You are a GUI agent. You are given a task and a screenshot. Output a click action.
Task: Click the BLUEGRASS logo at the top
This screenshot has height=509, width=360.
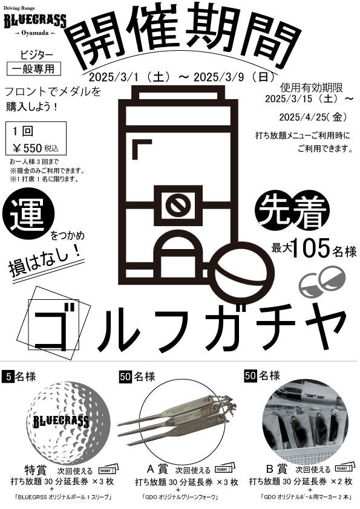click(35, 21)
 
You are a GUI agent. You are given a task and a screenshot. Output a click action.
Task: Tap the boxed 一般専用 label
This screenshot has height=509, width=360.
click(34, 69)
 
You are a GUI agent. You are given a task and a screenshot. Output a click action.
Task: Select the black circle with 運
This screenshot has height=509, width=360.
click(28, 214)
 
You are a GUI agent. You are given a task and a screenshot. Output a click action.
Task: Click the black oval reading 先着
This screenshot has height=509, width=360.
click(292, 211)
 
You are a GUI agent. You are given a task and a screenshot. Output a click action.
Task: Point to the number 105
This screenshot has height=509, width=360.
click(311, 248)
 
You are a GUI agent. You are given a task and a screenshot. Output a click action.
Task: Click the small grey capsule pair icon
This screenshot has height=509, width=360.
click(322, 281)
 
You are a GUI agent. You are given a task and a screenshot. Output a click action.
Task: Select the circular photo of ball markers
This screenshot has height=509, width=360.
click(305, 421)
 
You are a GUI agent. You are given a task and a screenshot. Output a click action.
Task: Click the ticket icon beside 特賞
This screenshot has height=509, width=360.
click(108, 469)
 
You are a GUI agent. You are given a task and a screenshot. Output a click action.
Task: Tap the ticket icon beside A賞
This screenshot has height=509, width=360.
click(225, 468)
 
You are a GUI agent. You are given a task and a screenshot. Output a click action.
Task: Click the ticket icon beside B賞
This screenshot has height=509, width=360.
click(344, 468)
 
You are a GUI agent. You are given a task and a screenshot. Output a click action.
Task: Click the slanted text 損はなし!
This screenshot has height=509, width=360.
click(45, 262)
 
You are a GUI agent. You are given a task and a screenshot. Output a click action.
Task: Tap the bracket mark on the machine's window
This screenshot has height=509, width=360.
click(142, 149)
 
